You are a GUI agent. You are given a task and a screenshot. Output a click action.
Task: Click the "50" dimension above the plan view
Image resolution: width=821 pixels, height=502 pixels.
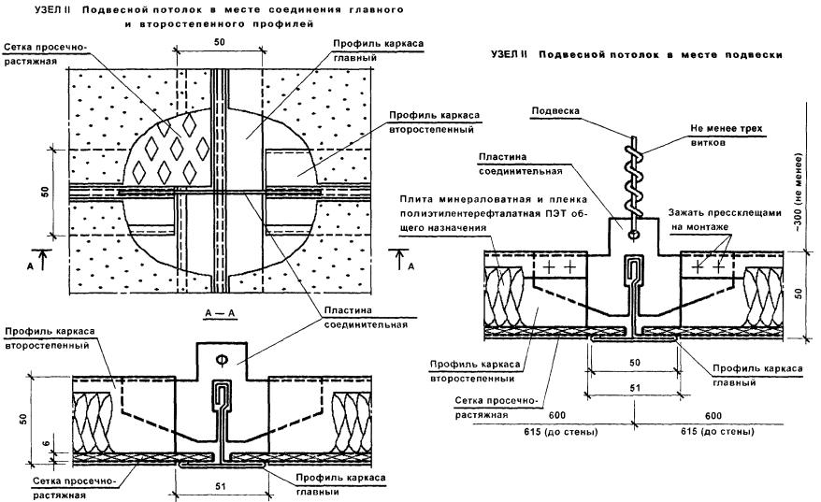pos(218,44)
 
